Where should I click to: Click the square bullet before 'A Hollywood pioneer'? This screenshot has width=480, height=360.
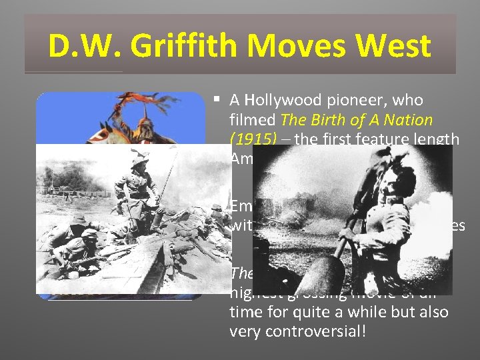[217, 100]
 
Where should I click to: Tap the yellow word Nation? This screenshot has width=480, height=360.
[405, 121]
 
